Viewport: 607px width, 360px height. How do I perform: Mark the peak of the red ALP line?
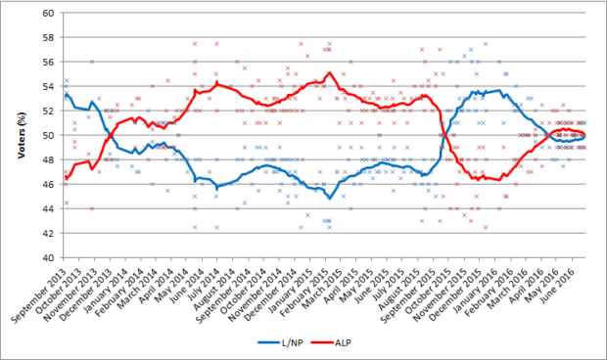coord(329,72)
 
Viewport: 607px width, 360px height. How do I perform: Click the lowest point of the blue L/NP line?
coord(330,199)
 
